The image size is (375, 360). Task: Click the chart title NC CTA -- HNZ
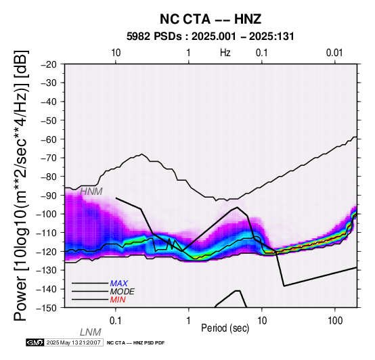211,19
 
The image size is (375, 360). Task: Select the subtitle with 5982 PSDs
211,37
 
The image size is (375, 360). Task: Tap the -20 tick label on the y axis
49,64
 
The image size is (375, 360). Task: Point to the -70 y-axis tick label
49,158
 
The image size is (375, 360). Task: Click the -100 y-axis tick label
47,214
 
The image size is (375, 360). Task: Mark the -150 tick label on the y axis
47,308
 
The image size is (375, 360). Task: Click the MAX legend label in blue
119,284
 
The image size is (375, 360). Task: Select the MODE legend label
123,292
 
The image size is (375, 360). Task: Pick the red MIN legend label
118,300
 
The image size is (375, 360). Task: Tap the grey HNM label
91,192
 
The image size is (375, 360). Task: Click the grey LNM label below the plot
91,332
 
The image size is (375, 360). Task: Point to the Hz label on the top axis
225,53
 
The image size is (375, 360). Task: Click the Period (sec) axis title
225,328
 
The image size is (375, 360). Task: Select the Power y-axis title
20,185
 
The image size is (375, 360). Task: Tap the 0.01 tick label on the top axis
334,53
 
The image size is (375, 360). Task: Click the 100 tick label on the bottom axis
335,321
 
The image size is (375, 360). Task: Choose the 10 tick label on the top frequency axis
116,53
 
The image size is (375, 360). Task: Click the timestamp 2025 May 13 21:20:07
73,342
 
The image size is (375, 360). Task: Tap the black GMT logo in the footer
35,342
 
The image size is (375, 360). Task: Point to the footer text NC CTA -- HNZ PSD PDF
135,343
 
